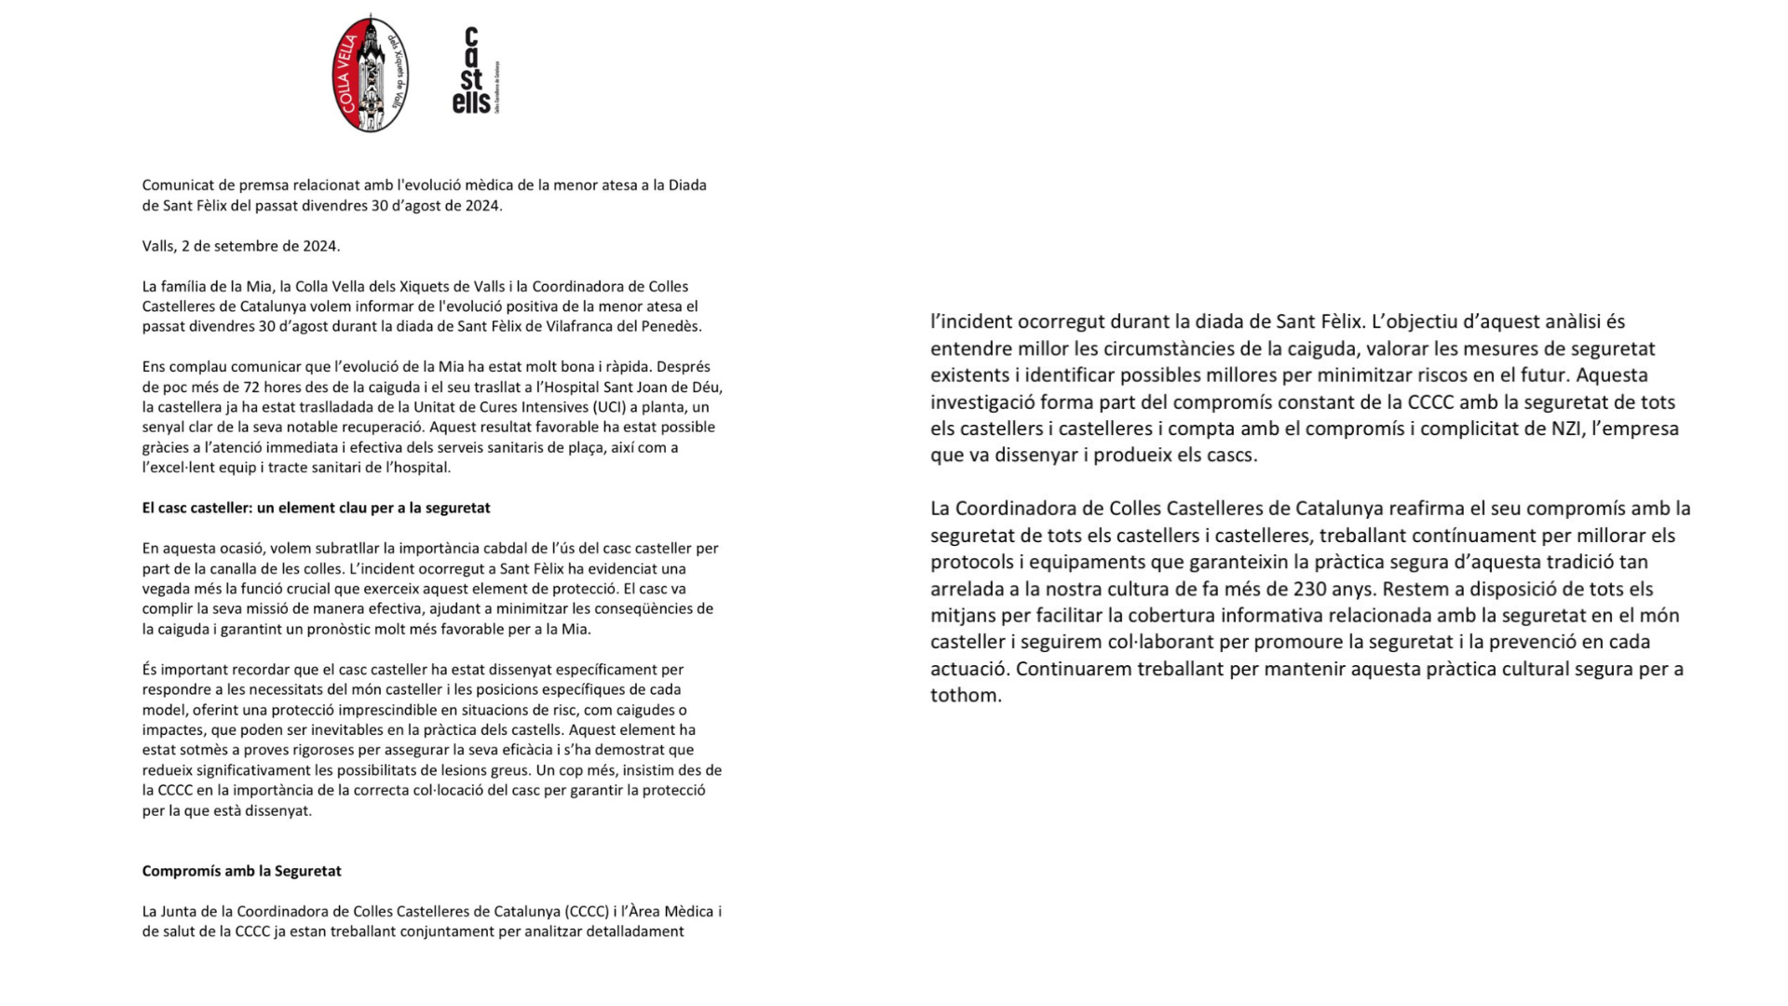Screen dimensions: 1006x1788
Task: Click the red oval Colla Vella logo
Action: tap(370, 74)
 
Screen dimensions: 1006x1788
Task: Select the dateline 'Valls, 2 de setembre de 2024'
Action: tap(241, 246)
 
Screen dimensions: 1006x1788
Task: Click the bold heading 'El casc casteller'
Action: tap(316, 508)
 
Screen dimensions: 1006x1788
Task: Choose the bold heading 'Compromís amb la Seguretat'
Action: tap(241, 871)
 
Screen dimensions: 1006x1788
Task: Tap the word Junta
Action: tap(188, 911)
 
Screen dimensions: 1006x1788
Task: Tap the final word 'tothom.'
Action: tap(966, 696)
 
